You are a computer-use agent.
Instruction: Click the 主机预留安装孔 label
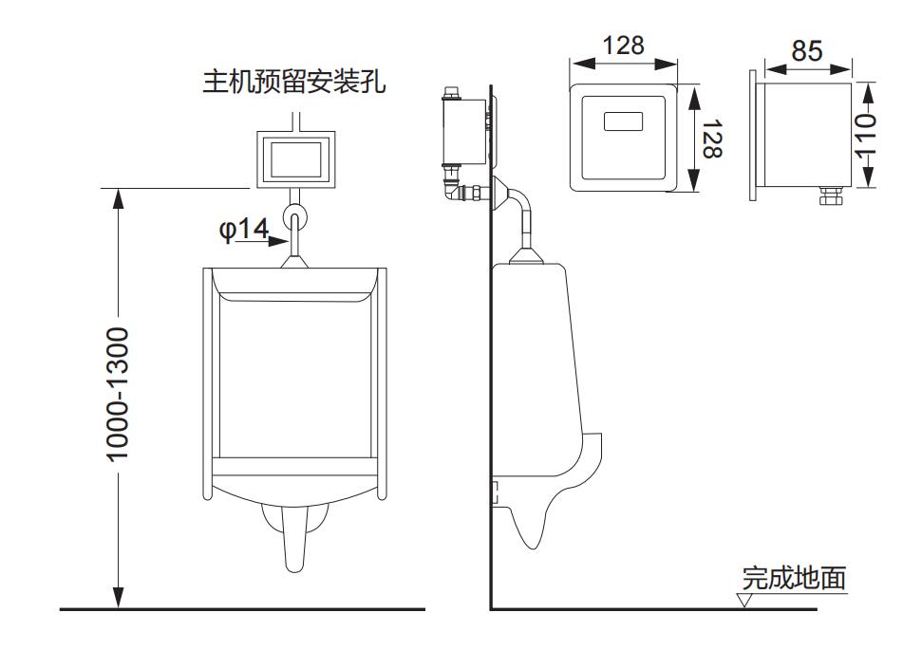tap(293, 82)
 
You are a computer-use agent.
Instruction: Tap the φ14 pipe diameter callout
tap(244, 229)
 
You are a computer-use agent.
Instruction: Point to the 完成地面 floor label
tap(794, 578)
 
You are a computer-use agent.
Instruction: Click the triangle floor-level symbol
tap(744, 600)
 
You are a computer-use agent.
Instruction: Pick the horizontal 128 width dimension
tap(623, 46)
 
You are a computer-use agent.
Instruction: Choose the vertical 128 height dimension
tap(712, 139)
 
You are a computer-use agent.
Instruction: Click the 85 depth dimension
tap(807, 50)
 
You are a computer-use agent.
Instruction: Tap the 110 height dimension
tap(865, 136)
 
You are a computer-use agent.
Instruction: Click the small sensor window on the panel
tap(623, 121)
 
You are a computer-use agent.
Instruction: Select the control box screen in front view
tap(296, 159)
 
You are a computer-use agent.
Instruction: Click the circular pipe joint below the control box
tap(294, 217)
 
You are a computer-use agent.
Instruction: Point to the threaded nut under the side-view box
tap(831, 195)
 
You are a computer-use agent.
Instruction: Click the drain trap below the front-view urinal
tap(294, 534)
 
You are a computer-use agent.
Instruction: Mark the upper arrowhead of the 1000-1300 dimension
tap(118, 198)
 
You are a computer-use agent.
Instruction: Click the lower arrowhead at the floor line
tap(118, 598)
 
